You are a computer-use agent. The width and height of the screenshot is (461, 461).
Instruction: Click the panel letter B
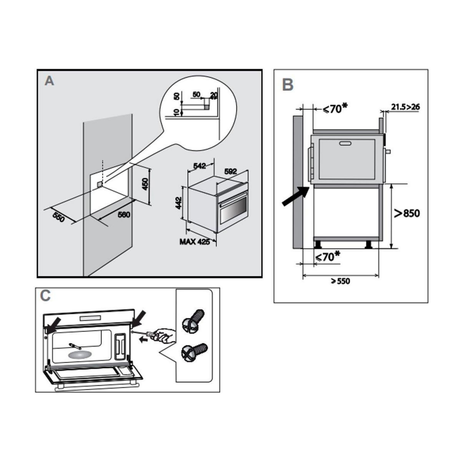(287, 85)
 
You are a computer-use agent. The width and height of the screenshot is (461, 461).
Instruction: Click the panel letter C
(45, 295)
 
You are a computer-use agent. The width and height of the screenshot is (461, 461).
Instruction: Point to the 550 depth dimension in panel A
(58, 217)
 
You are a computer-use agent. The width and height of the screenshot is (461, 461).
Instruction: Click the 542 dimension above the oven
(200, 166)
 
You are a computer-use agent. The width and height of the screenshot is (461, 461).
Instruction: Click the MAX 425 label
(195, 242)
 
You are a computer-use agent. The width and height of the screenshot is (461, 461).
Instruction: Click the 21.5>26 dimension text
(406, 107)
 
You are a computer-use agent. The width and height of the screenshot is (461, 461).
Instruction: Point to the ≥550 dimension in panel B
(340, 281)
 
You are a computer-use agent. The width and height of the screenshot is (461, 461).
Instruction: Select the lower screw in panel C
(194, 352)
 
